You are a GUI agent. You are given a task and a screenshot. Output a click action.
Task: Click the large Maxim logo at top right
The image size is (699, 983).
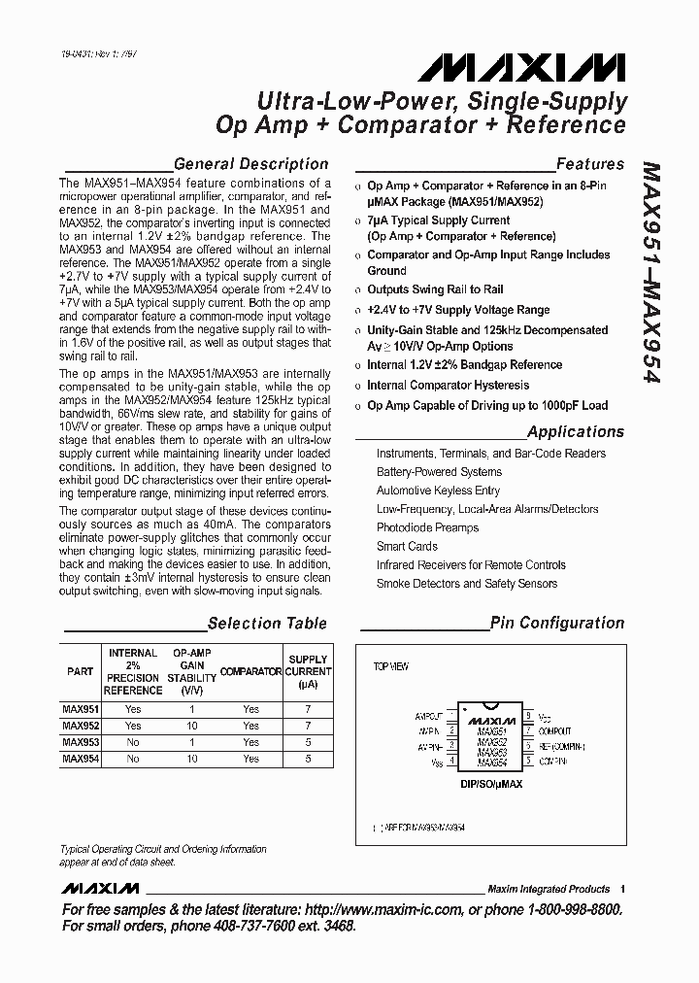521,67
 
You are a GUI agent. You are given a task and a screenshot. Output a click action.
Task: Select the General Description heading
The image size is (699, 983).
250,164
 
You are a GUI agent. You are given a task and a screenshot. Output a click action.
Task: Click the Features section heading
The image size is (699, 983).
589,164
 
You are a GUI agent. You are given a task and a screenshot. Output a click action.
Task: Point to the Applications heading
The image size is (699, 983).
576,431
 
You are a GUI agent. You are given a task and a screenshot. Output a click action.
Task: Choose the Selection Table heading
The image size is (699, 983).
267,624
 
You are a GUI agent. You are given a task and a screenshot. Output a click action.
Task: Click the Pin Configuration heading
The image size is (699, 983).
556,624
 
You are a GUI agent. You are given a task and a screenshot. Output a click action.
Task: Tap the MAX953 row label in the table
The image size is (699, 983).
80,742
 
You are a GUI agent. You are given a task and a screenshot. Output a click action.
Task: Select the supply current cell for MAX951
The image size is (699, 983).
308,709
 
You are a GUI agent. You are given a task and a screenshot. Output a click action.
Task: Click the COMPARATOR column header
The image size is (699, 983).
250,671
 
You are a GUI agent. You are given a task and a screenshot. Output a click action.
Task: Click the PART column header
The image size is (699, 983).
80,671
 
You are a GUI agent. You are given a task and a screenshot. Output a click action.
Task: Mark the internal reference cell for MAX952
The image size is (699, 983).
133,726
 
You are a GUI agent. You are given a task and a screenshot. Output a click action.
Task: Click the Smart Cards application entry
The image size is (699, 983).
407,546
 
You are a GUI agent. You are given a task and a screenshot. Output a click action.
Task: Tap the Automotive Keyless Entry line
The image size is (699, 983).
438,491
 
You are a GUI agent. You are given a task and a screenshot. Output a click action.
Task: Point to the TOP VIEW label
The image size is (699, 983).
391,667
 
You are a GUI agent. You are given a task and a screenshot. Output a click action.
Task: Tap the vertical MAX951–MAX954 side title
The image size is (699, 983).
651,273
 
